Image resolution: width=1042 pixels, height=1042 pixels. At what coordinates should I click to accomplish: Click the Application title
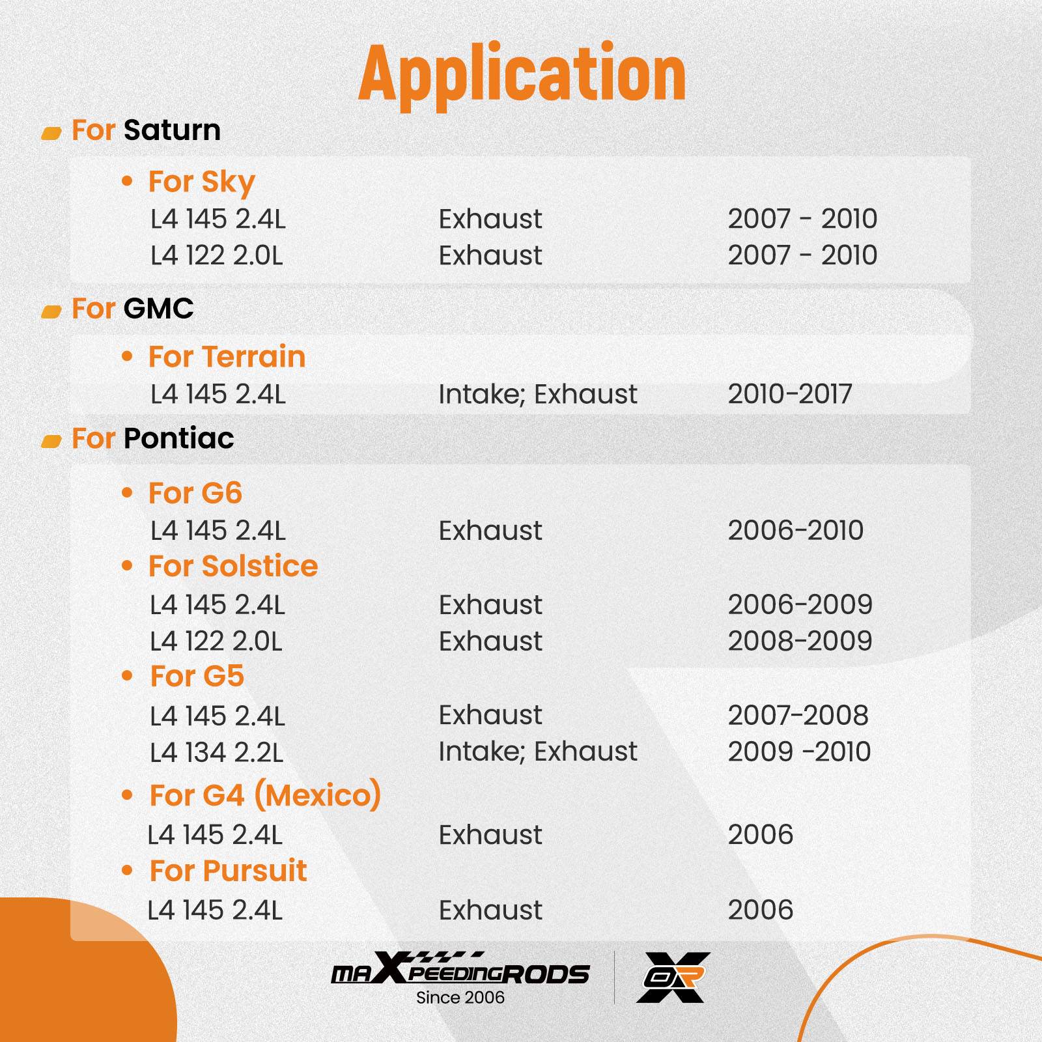(522, 74)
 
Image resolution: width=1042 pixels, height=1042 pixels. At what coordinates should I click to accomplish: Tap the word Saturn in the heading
(173, 130)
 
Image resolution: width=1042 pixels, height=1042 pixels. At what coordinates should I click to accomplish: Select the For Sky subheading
(202, 182)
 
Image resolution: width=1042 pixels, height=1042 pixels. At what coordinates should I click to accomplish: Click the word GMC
(159, 308)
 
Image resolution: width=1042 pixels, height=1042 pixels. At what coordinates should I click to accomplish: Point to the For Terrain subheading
(227, 357)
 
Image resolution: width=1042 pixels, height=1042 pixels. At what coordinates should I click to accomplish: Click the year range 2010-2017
(790, 394)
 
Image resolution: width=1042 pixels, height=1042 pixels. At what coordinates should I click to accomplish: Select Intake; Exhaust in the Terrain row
(538, 395)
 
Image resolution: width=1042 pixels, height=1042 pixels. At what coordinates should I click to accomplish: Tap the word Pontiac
(179, 438)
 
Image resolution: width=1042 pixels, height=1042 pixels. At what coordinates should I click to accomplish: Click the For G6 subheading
(195, 493)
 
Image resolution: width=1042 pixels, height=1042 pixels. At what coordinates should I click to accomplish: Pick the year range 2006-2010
(796, 531)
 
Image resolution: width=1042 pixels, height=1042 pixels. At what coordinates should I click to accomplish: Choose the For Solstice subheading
(233, 566)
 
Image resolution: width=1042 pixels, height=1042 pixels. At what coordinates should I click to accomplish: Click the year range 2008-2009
(800, 641)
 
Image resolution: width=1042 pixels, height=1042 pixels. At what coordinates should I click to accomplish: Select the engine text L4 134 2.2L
(217, 753)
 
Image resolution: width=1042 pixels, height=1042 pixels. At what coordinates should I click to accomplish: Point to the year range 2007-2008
(798, 716)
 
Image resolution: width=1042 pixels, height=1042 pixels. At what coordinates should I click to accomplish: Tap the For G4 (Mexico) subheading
(266, 795)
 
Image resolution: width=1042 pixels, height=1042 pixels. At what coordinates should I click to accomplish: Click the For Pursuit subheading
(229, 871)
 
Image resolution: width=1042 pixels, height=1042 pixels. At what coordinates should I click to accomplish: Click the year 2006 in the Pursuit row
(761, 910)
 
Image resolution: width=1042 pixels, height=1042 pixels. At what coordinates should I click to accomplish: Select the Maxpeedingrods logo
(460, 968)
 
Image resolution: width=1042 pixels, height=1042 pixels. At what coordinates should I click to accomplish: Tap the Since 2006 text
(460, 998)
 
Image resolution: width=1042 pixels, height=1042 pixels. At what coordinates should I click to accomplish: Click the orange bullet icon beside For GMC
(51, 312)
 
